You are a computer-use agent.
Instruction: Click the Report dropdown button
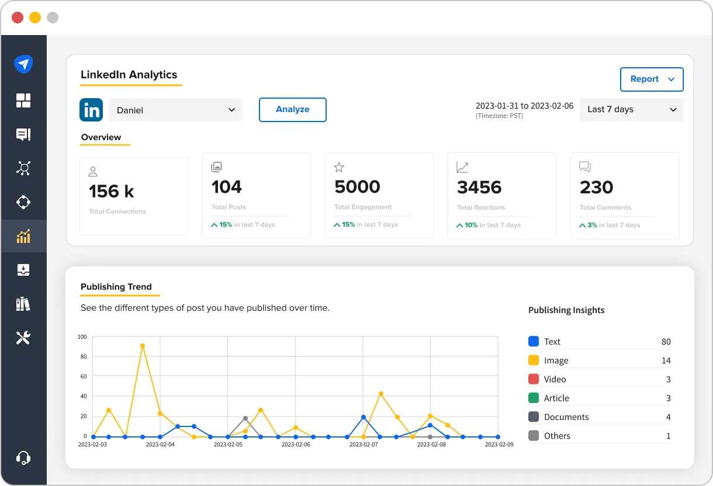click(652, 79)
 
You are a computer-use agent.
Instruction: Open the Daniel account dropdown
click(175, 110)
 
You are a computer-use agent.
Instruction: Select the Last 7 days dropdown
click(631, 110)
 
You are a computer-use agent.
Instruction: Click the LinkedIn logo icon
click(91, 110)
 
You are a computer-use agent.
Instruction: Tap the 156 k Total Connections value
click(112, 191)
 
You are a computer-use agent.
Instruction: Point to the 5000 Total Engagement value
click(357, 187)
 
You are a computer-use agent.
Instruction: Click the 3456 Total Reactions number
click(479, 188)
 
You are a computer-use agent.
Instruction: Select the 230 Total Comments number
click(597, 188)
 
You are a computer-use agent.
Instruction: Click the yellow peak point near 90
click(143, 346)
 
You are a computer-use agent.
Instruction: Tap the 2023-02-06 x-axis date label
click(295, 445)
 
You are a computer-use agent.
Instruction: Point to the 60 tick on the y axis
click(83, 376)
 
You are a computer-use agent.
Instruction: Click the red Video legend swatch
click(534, 379)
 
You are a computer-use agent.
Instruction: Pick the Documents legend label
click(566, 417)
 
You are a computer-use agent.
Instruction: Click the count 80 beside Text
click(666, 342)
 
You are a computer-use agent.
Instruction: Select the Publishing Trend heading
click(116, 287)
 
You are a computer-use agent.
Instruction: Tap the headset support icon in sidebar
click(23, 457)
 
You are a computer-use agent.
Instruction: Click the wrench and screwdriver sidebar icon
click(23, 338)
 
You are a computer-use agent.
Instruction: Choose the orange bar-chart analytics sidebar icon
click(23, 237)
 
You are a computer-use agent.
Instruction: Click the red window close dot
click(18, 18)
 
